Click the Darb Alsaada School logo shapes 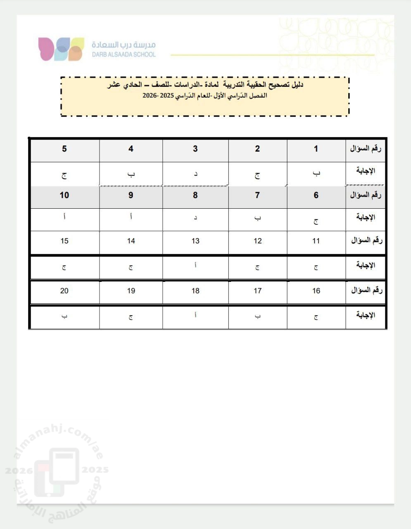point(61,49)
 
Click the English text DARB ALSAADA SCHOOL point(124,55)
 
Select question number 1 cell point(316,149)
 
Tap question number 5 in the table point(64,149)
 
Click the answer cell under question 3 point(195,174)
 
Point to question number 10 point(64,195)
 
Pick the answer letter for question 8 point(195,218)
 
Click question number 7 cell point(257,195)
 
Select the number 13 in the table point(195,241)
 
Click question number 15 point(64,241)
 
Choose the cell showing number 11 point(316,241)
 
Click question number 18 point(195,291)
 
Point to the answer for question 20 point(64,316)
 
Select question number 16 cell point(316,291)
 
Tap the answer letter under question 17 point(257,317)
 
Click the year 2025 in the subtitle point(166,95)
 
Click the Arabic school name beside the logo point(124,45)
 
